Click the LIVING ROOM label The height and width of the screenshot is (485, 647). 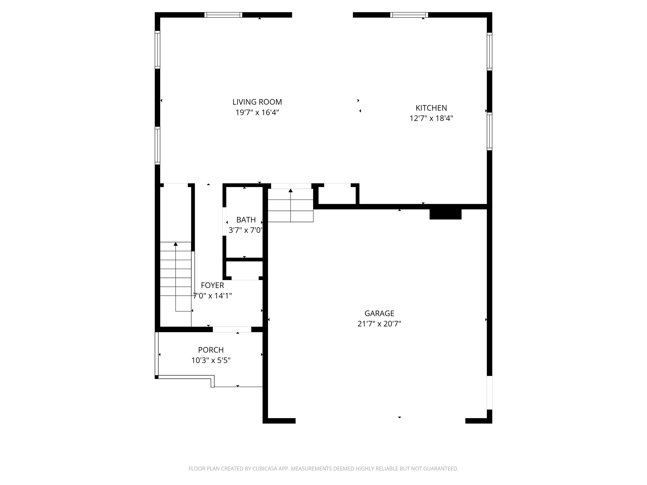pos(257,102)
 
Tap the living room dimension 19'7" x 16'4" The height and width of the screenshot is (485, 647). pos(257,113)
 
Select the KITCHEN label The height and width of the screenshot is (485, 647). pos(431,108)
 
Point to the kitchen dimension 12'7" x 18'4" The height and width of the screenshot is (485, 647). pos(431,118)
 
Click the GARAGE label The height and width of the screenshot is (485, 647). pos(379,313)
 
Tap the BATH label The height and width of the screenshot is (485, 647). pos(246,220)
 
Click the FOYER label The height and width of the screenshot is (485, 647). pos(212,285)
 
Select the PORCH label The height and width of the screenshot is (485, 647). pos(211,350)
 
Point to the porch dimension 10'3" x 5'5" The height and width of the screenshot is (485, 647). pos(211,360)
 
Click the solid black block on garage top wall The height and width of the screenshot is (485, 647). pos(445,214)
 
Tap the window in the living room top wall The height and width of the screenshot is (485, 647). pos(223,15)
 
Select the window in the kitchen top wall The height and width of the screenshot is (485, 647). pos(409,15)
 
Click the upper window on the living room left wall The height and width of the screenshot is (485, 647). pos(157,50)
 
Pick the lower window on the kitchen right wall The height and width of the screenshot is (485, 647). pos(489,131)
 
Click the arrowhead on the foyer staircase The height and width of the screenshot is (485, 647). pos(175,244)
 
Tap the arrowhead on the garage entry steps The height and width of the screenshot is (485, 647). pos(290,191)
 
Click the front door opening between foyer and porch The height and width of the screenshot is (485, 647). pos(232,329)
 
